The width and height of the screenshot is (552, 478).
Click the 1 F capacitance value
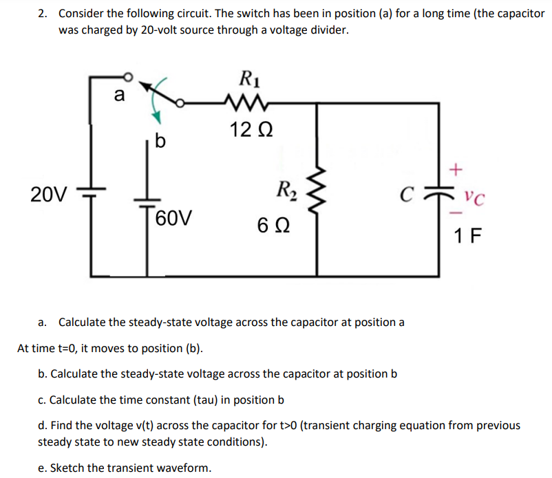(x=468, y=237)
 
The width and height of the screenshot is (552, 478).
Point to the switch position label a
(x=118, y=95)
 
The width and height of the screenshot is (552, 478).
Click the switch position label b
(x=160, y=142)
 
